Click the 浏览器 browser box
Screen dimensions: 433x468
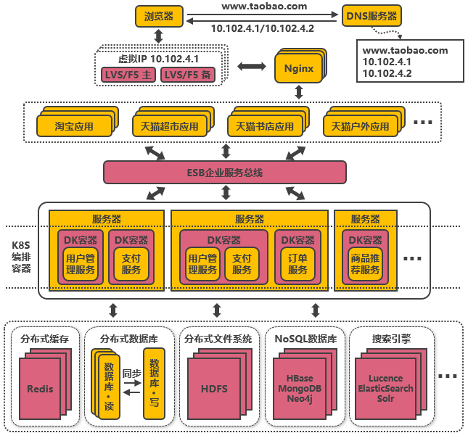[159, 15]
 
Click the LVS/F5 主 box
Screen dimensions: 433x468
[128, 75]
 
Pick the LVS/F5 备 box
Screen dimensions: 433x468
[188, 75]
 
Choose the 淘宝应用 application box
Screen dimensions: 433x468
[74, 125]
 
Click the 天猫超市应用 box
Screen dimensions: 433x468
[166, 125]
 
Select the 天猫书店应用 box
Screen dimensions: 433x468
[260, 125]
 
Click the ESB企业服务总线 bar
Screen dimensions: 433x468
[225, 173]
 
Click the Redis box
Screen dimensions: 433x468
[41, 389]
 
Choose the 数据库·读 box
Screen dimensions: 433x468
[108, 385]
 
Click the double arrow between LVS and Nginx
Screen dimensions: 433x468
[252, 66]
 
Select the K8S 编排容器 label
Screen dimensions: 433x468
[21, 247]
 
